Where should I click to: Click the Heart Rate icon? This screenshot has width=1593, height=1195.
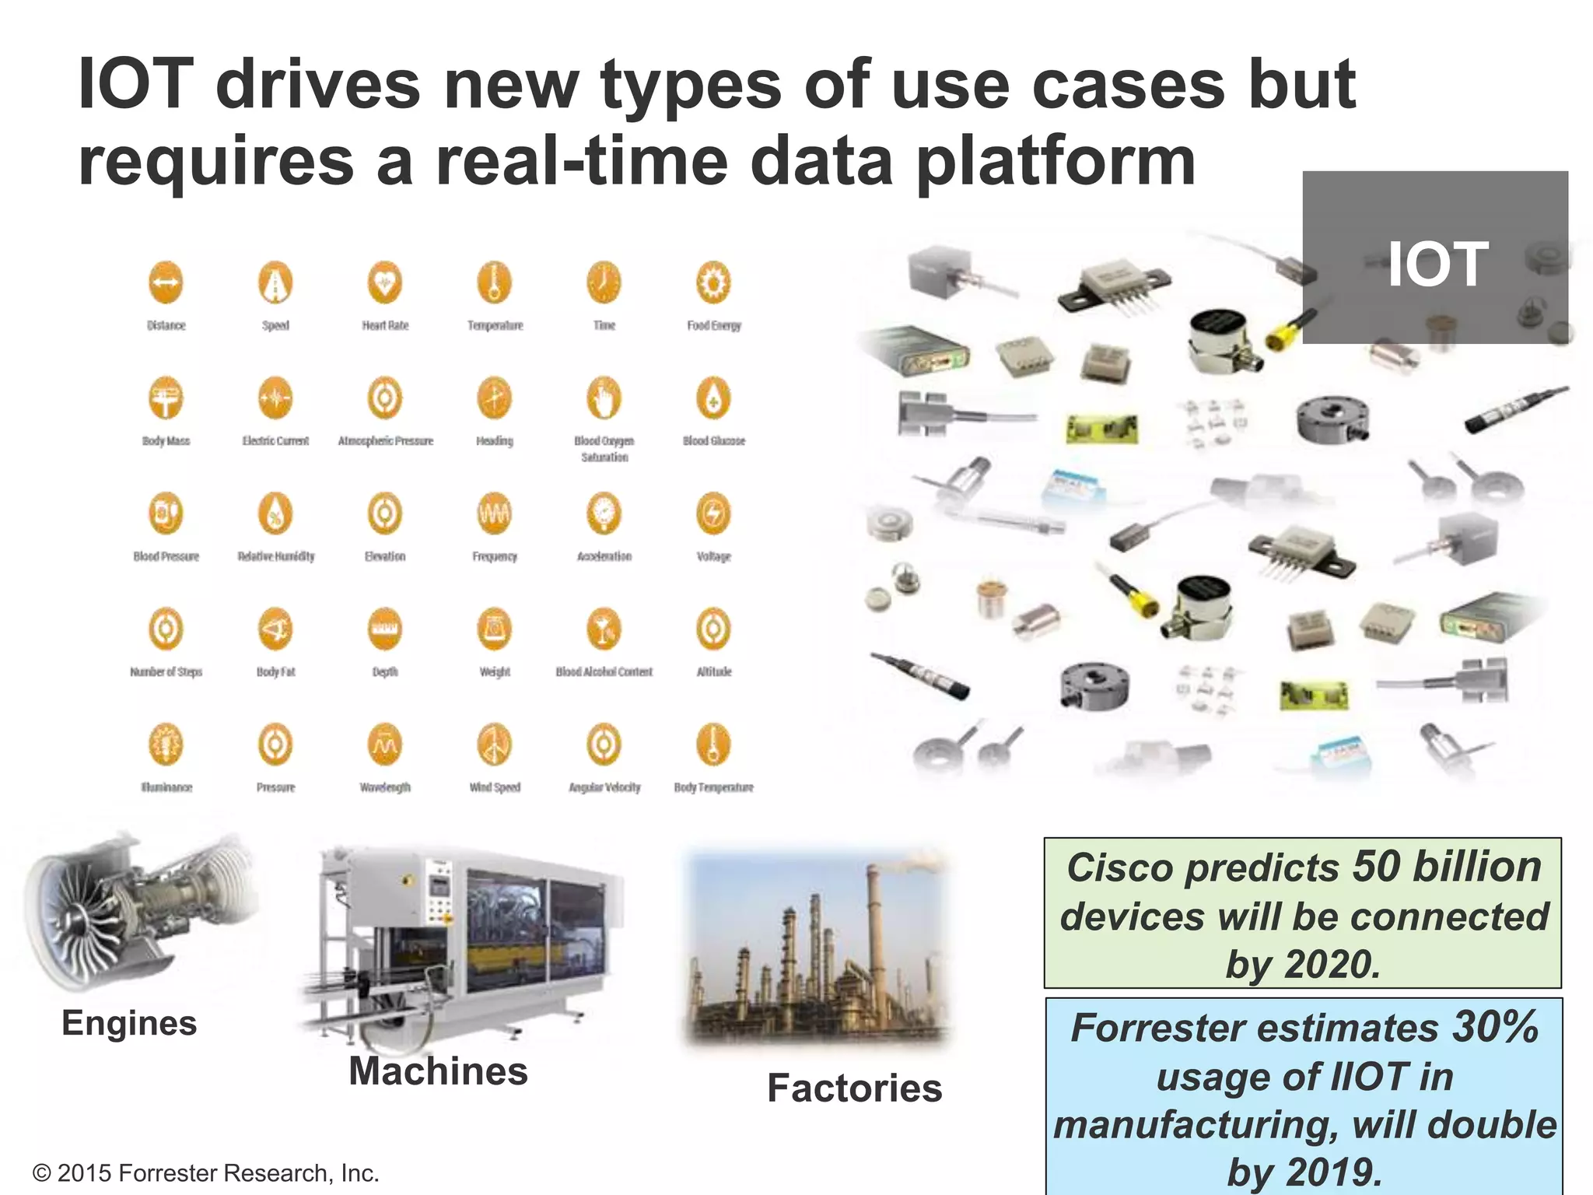tap(385, 282)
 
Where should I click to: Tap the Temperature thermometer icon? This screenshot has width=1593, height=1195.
tap(495, 282)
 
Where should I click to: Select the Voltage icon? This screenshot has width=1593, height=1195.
tap(713, 513)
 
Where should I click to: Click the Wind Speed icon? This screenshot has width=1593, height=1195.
tap(495, 745)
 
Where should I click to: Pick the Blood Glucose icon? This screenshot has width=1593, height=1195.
tap(713, 398)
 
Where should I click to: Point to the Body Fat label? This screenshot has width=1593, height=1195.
tap(275, 671)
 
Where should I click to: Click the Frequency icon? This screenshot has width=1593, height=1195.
tap(495, 513)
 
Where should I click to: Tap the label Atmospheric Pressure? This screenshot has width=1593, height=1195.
tap(385, 441)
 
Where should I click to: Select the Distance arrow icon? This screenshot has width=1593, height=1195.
tap(166, 282)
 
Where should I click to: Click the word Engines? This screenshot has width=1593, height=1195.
tap(129, 1023)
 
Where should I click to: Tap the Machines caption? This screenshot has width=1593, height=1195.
tap(438, 1071)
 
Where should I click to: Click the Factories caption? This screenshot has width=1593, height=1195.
tap(854, 1088)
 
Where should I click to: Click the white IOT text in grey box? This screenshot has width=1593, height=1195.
tap(1437, 265)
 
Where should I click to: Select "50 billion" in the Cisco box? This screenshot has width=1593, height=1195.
tap(1447, 867)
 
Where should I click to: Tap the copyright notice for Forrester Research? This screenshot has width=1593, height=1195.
tap(206, 1172)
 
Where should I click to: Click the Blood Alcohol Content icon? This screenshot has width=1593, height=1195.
tap(604, 629)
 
